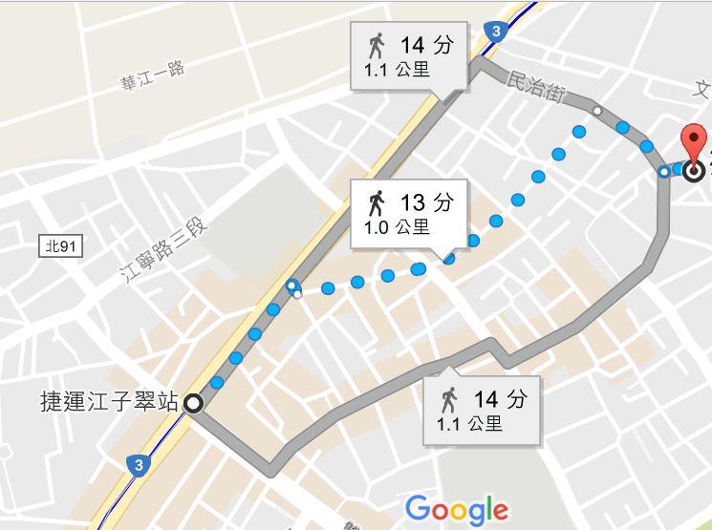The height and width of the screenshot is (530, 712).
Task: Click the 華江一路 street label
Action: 152,75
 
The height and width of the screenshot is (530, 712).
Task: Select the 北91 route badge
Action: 62,246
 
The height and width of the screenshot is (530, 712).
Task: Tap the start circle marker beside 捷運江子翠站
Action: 193,403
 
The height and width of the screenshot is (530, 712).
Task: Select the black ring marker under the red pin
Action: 694,171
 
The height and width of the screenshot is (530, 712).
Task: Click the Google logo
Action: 457,509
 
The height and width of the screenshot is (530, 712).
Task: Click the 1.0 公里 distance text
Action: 397,228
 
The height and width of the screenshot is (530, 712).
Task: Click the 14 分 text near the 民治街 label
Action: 425,45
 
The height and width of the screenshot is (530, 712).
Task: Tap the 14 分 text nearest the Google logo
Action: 500,398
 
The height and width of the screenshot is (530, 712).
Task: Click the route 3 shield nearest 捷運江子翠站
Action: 140,465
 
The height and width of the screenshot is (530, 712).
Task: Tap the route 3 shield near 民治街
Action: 493,32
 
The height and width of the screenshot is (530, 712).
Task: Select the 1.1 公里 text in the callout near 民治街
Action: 397,70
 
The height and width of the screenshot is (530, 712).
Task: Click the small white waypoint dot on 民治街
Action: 597,111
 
